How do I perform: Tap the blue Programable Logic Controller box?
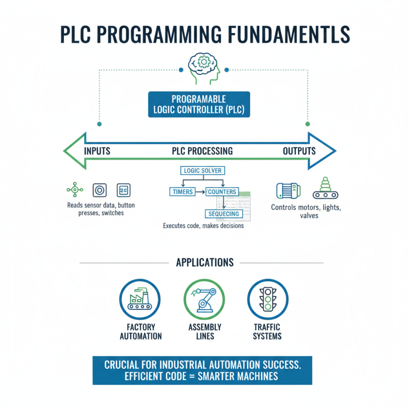tap(199, 104)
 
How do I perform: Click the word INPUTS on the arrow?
tap(97, 151)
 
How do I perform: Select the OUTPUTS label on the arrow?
tap(299, 151)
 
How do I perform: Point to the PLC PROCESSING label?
tap(202, 151)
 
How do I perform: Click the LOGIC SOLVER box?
tap(202, 170)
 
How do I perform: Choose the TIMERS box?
tap(182, 192)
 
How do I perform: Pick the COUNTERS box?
tap(222, 192)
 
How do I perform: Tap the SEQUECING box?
tap(223, 213)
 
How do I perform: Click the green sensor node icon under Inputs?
tap(75, 190)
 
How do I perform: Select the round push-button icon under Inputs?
tap(100, 190)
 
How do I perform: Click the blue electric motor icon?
tap(288, 190)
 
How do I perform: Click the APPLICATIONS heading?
tap(204, 263)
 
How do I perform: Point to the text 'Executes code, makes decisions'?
tap(203, 225)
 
